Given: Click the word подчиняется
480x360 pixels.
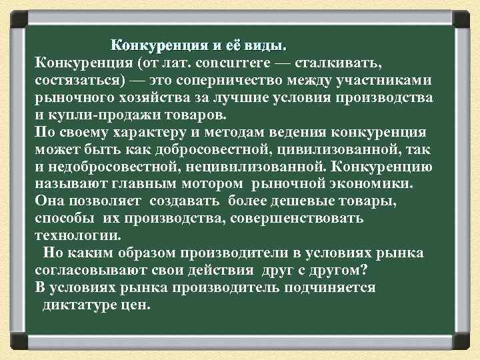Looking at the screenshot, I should click(x=333, y=288).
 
